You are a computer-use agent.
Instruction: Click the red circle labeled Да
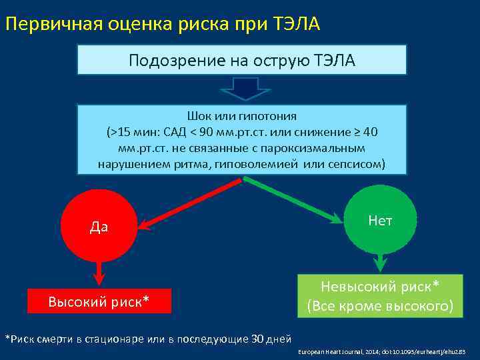(x=98, y=225)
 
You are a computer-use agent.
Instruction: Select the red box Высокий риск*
(x=99, y=302)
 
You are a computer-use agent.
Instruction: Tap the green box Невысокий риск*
(x=380, y=297)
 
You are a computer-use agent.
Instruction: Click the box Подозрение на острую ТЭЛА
(x=242, y=60)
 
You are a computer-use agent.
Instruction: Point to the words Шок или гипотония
(x=242, y=116)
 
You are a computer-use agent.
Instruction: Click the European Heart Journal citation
(x=381, y=351)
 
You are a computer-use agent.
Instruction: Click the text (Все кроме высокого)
(x=380, y=307)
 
